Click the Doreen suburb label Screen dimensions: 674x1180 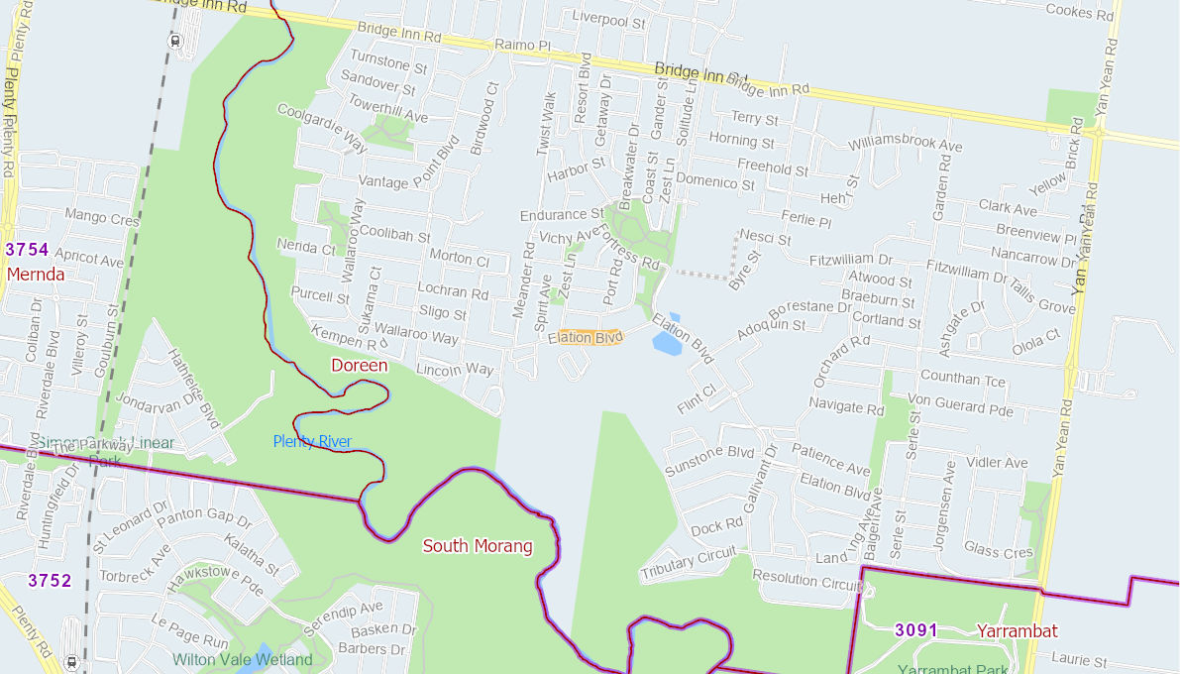(x=359, y=366)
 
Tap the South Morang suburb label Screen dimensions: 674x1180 (x=478, y=546)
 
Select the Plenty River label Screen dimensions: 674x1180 (x=312, y=441)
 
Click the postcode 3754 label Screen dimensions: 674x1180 (x=27, y=250)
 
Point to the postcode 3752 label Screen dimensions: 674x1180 (x=50, y=581)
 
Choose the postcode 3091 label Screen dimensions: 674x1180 (x=915, y=630)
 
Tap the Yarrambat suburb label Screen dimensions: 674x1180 (x=1017, y=630)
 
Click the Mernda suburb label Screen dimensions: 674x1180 (x=36, y=275)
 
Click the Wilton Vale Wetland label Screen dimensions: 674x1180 (x=242, y=659)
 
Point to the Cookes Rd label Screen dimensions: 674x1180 (x=1080, y=13)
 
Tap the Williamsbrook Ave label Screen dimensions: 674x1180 (x=906, y=143)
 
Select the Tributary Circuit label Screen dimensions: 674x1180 (x=689, y=565)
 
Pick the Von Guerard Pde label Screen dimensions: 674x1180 (x=960, y=405)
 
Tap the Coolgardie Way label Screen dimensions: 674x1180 (x=322, y=128)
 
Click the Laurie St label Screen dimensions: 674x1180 (x=1079, y=659)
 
